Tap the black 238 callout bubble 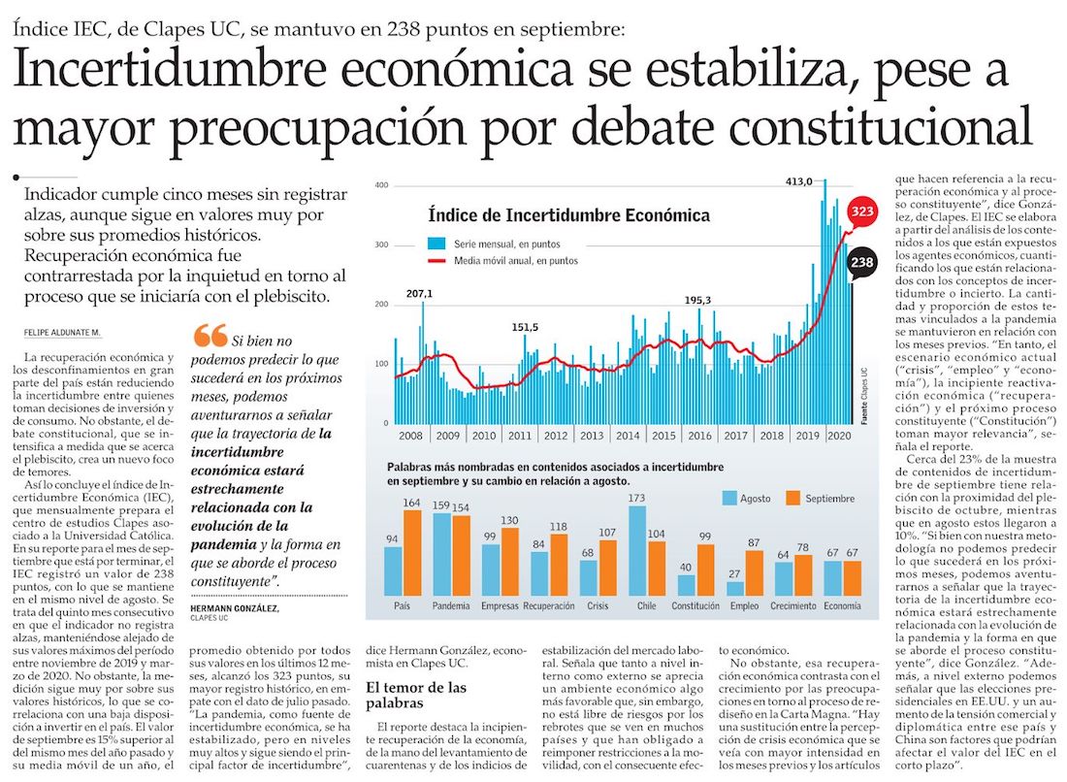click(x=860, y=262)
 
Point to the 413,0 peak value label click(x=798, y=181)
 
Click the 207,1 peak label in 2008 click(x=419, y=293)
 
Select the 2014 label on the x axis click(x=628, y=437)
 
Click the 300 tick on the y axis click(x=381, y=244)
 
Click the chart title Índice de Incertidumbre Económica click(x=568, y=214)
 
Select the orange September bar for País click(x=411, y=552)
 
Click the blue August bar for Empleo click(x=734, y=588)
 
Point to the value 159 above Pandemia click(x=441, y=505)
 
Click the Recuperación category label click(x=548, y=606)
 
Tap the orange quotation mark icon click(x=210, y=336)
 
